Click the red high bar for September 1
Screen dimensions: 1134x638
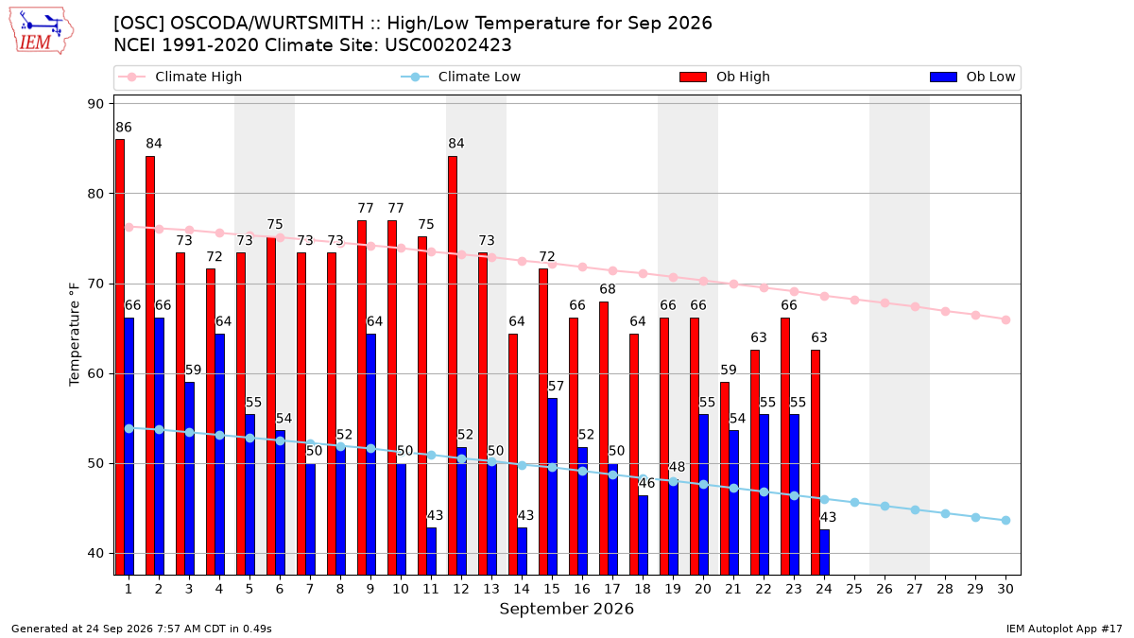[x=120, y=357]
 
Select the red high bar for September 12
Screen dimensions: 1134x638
[x=453, y=366]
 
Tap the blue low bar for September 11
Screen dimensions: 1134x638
[x=431, y=551]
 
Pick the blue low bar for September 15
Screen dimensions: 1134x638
[x=552, y=487]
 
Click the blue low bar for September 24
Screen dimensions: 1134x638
[x=825, y=552]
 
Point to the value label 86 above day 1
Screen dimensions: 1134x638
[x=124, y=128]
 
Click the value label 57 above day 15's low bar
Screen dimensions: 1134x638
[x=556, y=387]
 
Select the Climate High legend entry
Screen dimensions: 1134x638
[x=180, y=77]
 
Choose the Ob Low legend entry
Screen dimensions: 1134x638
[x=972, y=77]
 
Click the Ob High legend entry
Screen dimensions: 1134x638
[x=725, y=77]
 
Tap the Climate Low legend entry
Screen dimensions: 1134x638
[x=461, y=77]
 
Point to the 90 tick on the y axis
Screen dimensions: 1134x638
[x=96, y=104]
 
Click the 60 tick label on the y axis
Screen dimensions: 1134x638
[x=96, y=374]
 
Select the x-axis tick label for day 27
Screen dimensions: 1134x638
[x=915, y=590]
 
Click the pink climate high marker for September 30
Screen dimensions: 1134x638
[x=1005, y=320]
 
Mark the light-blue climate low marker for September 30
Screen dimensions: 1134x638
[x=1005, y=521]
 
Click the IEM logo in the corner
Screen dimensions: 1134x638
[x=41, y=31]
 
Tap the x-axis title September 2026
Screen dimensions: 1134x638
[x=566, y=609]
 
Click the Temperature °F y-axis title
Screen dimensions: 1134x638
[x=75, y=335]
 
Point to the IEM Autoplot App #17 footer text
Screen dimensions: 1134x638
[x=1064, y=629]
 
